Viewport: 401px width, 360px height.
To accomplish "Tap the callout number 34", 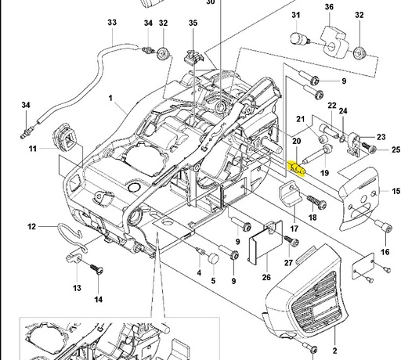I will (x=26, y=105).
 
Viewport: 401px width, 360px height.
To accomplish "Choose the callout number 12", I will (x=31, y=227).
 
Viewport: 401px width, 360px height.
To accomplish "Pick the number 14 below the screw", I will (x=99, y=299).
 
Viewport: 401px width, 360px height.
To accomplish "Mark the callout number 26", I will (x=266, y=277).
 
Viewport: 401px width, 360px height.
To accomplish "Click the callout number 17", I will (x=295, y=229).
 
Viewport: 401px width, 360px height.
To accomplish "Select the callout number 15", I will (x=396, y=190).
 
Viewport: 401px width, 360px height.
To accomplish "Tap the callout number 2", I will (x=334, y=351).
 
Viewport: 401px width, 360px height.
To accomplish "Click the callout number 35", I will (x=193, y=23).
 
